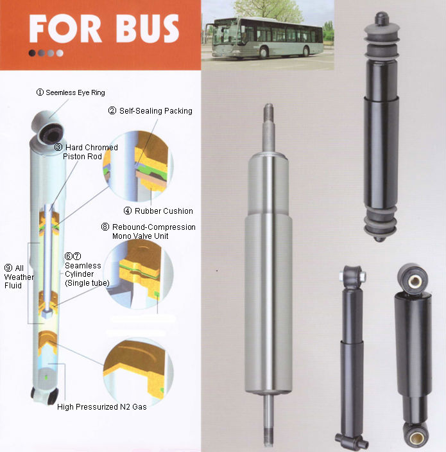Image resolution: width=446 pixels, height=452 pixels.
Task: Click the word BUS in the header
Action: [x=147, y=28]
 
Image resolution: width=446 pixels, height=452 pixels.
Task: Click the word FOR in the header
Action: [x=65, y=28]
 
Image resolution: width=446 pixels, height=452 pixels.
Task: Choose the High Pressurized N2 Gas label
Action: [x=101, y=407]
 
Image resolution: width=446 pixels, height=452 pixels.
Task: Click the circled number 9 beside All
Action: [x=8, y=268]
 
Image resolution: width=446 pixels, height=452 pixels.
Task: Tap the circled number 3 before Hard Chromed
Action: [x=58, y=147]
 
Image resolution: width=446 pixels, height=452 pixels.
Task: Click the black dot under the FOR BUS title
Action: [x=32, y=53]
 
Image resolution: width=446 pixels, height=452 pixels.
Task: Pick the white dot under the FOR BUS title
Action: [x=60, y=53]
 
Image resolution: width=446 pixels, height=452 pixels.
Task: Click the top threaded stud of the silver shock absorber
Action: [x=268, y=112]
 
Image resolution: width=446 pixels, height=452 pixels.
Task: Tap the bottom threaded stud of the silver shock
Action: [x=268, y=437]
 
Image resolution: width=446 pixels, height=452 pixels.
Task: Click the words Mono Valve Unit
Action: [x=141, y=236]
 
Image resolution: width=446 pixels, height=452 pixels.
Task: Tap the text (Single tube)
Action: [x=87, y=283]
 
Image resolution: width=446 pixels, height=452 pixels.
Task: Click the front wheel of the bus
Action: [x=264, y=53]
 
